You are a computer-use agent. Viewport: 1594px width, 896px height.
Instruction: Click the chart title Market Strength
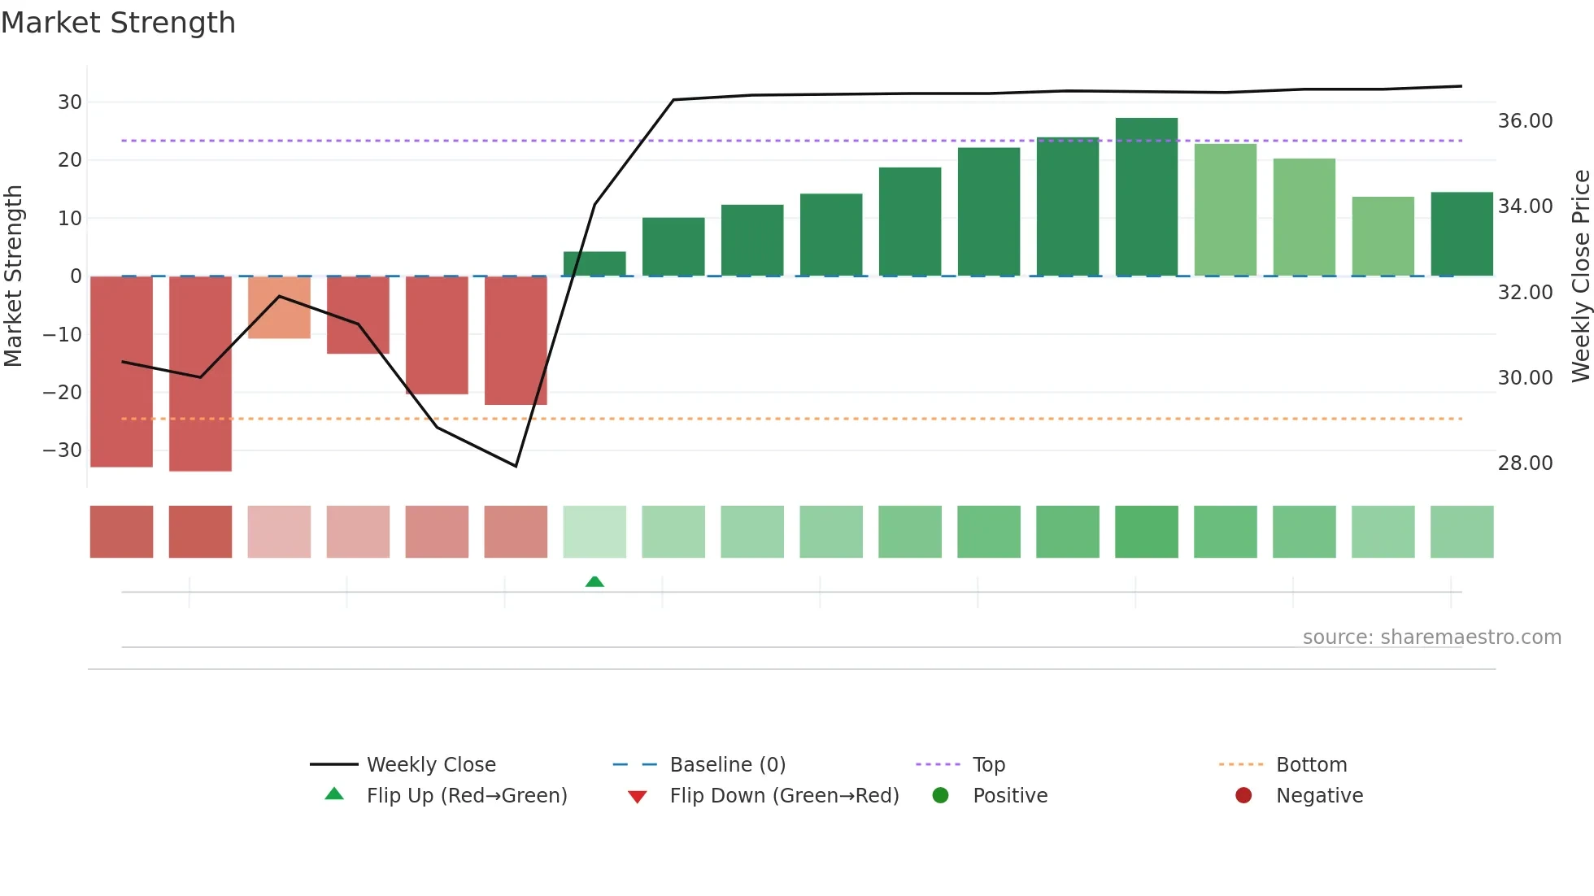click(118, 23)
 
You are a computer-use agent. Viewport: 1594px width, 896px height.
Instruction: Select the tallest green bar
click(1146, 197)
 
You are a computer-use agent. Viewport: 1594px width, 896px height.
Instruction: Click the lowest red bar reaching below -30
click(200, 373)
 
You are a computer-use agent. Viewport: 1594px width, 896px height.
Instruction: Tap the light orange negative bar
click(279, 307)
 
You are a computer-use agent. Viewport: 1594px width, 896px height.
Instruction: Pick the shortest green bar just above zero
click(594, 263)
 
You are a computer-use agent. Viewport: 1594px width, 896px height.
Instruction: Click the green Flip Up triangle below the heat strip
click(594, 581)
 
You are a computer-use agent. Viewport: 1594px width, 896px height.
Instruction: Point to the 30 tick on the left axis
click(70, 102)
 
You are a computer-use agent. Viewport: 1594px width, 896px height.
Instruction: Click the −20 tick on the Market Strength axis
click(63, 393)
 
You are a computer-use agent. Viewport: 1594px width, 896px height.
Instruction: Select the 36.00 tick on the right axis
click(1525, 121)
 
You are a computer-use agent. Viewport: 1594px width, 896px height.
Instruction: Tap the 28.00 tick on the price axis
click(1525, 463)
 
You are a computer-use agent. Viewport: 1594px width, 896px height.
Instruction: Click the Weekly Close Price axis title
click(1580, 276)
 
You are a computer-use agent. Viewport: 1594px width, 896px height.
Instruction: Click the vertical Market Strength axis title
click(13, 276)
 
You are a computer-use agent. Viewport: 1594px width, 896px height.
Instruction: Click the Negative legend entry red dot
click(1243, 796)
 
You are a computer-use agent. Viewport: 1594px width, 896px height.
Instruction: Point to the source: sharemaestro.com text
click(1431, 637)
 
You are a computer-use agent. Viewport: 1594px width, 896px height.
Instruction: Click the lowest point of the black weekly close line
click(516, 466)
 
